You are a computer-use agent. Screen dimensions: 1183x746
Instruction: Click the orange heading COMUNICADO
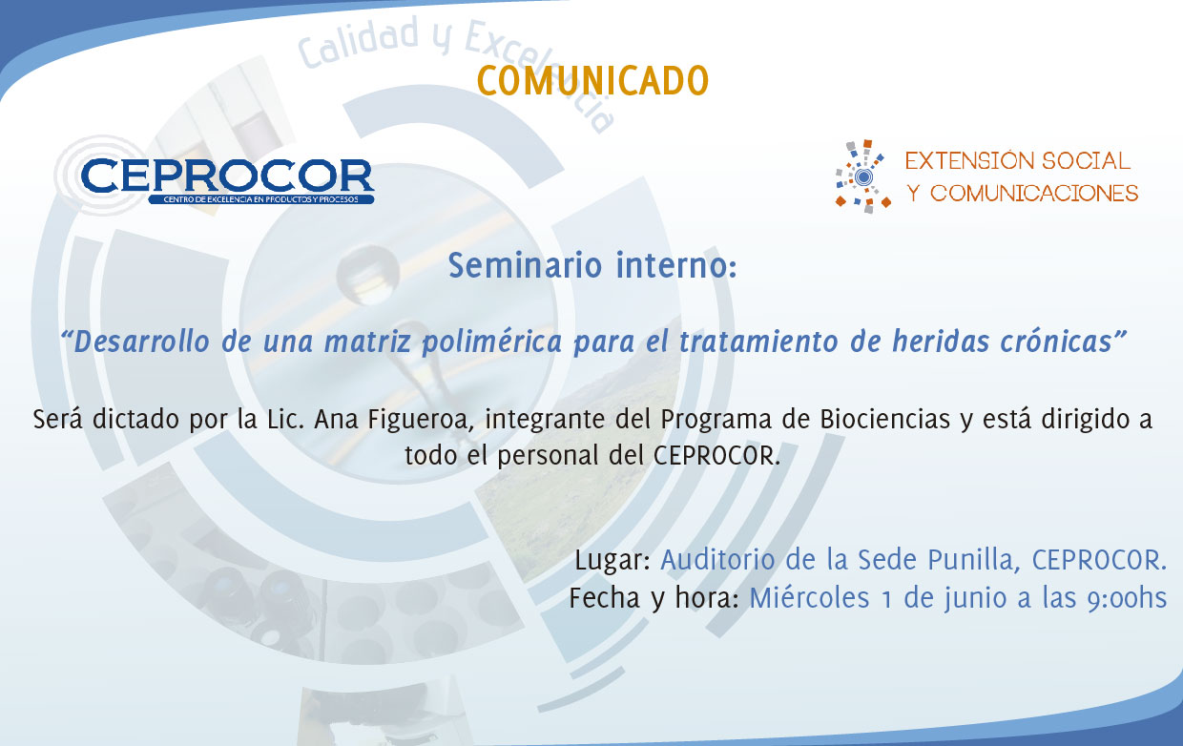pyautogui.click(x=592, y=81)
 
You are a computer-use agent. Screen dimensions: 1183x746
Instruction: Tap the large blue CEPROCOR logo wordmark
pyautogui.click(x=228, y=176)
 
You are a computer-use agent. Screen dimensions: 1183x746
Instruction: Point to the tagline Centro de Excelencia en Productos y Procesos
pyautogui.click(x=260, y=199)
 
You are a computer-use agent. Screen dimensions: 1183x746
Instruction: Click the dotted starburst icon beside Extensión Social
pyautogui.click(x=863, y=176)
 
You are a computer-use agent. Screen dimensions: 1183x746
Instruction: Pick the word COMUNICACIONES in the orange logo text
pyautogui.click(x=1034, y=194)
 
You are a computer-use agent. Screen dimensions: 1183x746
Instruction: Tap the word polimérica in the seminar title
pyautogui.click(x=491, y=342)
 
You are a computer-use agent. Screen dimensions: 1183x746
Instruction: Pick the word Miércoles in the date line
pyautogui.click(x=809, y=598)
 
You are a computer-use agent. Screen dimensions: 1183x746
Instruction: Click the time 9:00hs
pyautogui.click(x=1127, y=598)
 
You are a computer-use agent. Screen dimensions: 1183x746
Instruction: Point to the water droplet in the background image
pyautogui.click(x=367, y=275)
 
